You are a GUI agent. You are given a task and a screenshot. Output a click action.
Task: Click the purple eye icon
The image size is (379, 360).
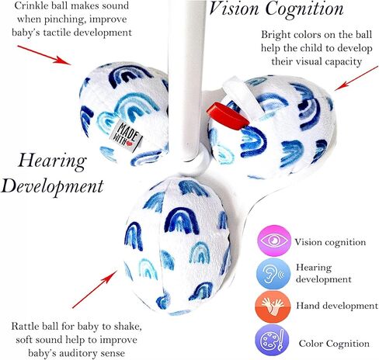coord(274,241)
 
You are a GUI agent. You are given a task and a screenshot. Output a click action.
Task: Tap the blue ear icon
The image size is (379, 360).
coord(273,274)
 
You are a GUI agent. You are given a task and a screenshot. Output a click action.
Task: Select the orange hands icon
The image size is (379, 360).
coord(273,306)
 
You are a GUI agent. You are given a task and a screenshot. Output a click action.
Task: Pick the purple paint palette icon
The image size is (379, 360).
coord(272,341)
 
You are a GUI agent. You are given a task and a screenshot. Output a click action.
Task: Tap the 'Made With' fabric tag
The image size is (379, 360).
coord(126,135)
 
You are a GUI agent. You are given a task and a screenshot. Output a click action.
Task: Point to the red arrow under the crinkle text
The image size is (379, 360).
coord(43,54)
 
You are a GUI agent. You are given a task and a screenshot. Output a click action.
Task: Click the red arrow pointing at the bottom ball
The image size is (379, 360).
coord(95,289)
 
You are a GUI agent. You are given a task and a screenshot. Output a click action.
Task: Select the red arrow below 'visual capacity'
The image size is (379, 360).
coord(356,78)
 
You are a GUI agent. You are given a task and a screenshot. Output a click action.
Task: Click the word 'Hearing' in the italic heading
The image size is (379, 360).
coord(52,161)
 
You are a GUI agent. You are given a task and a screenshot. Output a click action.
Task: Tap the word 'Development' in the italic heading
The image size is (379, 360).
coord(52,186)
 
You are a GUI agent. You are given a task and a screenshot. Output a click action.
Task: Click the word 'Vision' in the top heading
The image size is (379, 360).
coord(235,9)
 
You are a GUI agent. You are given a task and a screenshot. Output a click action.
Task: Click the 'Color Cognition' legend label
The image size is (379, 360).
coord(334,344)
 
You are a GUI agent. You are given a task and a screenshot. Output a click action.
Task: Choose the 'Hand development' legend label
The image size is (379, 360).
coord(337,306)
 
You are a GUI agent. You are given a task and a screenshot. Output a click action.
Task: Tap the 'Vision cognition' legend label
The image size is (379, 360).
coord(330,242)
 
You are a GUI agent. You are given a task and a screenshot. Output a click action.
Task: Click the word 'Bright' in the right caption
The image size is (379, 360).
coord(275,35)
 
